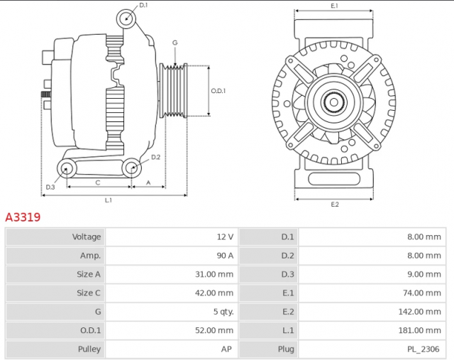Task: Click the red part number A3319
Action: click(23, 217)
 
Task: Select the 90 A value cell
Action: click(172, 256)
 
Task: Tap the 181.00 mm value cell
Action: click(372, 330)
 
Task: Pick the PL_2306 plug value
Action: click(423, 349)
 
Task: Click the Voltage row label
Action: click(87, 237)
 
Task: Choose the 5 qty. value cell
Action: click(172, 312)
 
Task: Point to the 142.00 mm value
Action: click(419, 312)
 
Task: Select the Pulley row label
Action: click(89, 349)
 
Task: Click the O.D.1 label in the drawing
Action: click(218, 91)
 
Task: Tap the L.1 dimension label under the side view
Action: click(109, 200)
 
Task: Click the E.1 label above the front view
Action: click(334, 6)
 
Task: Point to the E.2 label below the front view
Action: click(335, 204)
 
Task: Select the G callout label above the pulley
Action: click(175, 43)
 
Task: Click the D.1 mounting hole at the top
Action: click(126, 19)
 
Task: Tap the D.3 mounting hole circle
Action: click(66, 168)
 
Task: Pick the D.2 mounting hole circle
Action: click(132, 168)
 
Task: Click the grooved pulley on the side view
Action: click(173, 91)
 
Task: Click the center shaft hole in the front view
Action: click(334, 102)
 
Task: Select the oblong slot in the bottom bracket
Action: click(334, 179)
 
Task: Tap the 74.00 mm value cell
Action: click(372, 293)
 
